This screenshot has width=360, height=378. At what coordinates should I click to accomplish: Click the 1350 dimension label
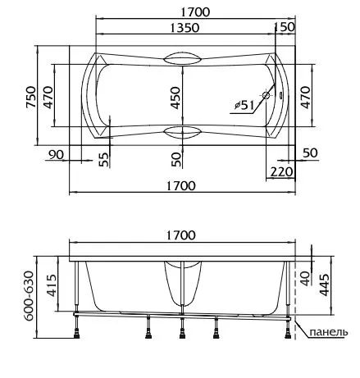(185, 28)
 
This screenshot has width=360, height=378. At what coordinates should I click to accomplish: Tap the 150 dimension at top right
(285, 27)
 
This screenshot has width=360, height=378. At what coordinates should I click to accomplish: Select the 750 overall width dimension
(31, 97)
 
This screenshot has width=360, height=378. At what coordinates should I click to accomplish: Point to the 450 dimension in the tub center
(175, 98)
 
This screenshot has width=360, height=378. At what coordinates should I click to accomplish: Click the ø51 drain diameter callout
(244, 105)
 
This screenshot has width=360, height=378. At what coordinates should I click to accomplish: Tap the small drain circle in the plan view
(266, 95)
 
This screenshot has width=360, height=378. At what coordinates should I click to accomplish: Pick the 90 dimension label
(56, 155)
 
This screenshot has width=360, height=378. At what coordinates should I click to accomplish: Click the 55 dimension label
(104, 159)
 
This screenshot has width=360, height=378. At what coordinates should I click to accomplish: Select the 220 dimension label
(281, 172)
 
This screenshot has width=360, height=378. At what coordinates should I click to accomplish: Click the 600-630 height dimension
(29, 296)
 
